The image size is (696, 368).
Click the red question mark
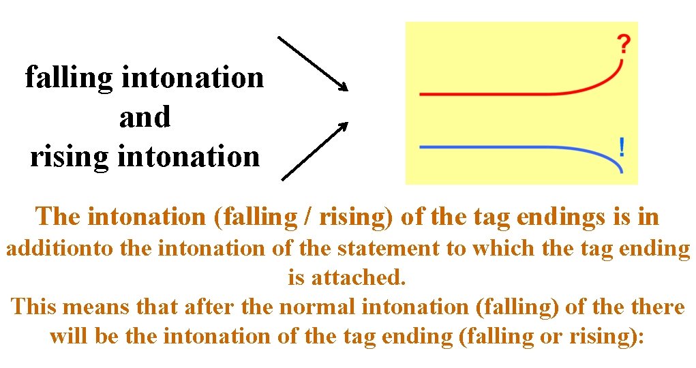tap(623, 45)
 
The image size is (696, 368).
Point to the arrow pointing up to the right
tap(314, 151)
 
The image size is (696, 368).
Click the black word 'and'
tap(145, 117)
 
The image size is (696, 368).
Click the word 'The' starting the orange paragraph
tap(59, 217)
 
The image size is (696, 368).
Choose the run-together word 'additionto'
tap(59, 248)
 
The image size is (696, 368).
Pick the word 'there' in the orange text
tap(657, 307)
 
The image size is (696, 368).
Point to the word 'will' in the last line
tap(67, 336)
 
